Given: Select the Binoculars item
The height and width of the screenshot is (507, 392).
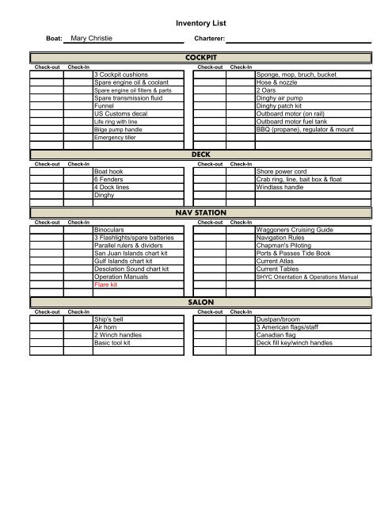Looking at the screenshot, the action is [110, 228].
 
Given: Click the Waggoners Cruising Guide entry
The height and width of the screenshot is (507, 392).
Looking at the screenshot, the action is [295, 228].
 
